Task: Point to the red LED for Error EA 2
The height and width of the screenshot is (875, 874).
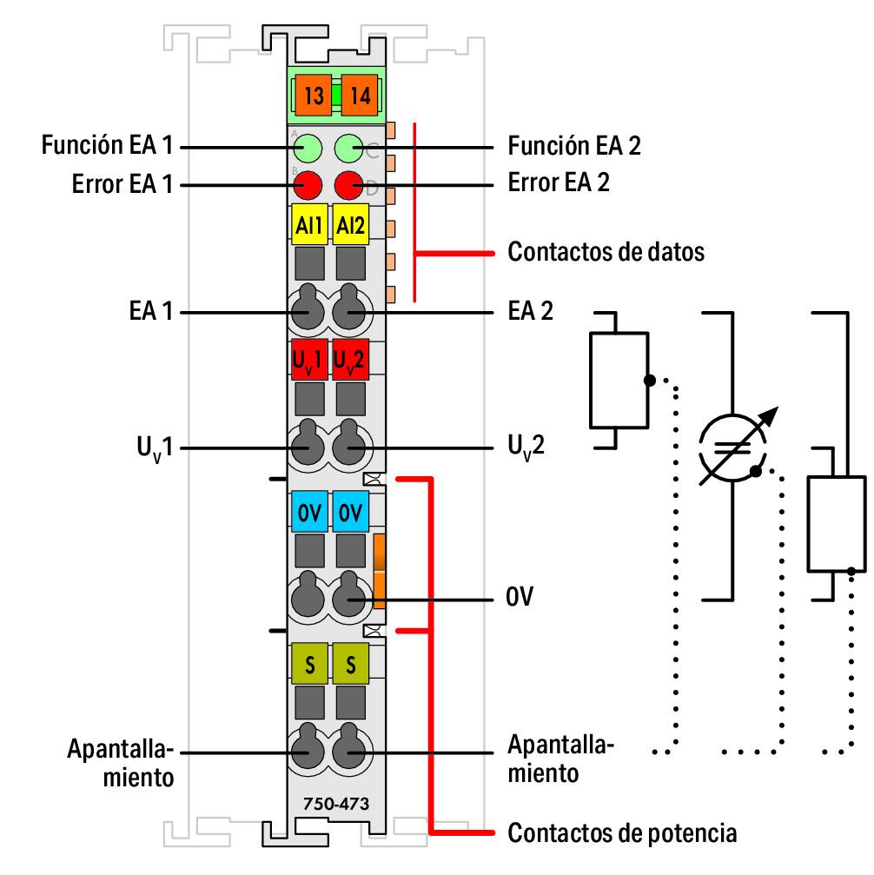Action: coord(349,184)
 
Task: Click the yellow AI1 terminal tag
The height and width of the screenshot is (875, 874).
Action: coord(307,227)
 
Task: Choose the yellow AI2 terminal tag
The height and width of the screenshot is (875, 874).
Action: coord(351,227)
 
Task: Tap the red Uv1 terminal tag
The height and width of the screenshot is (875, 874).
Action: coord(307,361)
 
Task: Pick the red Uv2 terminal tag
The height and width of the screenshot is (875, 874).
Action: coord(351,361)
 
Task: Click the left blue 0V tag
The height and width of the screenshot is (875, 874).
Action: coord(307,513)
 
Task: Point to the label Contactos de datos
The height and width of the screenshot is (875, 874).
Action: coord(606,253)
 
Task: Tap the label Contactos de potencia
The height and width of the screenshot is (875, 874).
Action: coord(622,833)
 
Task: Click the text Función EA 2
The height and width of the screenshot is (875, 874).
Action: coord(574,145)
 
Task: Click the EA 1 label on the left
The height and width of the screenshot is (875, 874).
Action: coord(149,311)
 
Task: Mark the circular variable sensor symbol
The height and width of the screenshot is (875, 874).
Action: coord(734,448)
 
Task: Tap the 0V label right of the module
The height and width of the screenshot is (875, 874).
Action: coord(520,599)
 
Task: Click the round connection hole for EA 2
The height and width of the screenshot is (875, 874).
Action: coord(350,310)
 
